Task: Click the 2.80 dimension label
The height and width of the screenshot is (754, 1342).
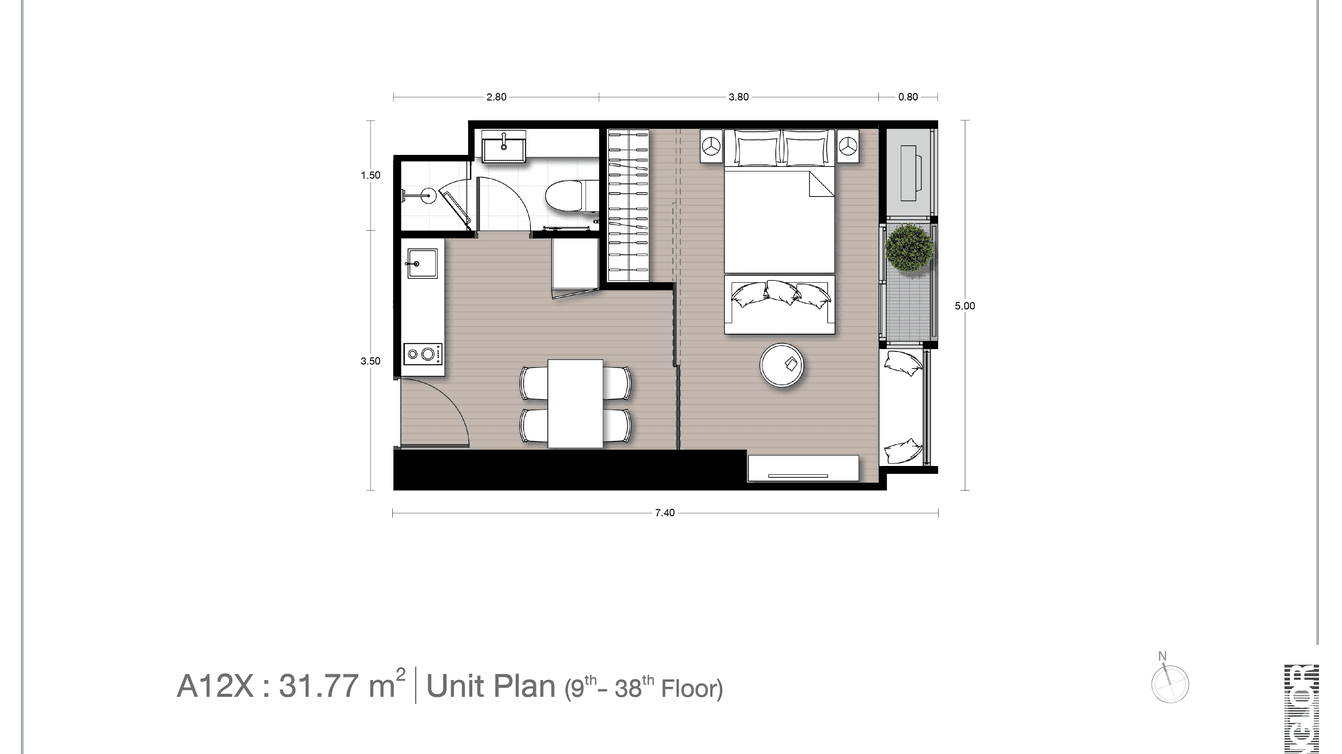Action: [x=496, y=97]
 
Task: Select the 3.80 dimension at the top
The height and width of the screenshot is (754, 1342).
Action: [x=738, y=97]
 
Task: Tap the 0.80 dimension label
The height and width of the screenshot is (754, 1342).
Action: [x=907, y=97]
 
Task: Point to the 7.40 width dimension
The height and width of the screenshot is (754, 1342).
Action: [x=665, y=513]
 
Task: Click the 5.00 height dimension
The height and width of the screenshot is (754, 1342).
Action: [x=964, y=306]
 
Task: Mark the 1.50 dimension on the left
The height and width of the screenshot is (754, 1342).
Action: [x=371, y=175]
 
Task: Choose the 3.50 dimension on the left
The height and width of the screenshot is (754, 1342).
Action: [x=371, y=362]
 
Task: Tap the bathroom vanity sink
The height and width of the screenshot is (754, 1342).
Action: [x=503, y=148]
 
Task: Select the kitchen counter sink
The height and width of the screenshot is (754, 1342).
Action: [x=421, y=265]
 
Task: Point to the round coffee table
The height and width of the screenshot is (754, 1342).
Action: [x=785, y=366]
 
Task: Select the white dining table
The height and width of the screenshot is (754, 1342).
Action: [x=575, y=403]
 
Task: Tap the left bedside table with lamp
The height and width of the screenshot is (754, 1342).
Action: [x=712, y=146]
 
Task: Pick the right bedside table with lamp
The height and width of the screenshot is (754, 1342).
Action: [x=848, y=146]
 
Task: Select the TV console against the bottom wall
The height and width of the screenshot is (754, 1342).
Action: [x=804, y=468]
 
